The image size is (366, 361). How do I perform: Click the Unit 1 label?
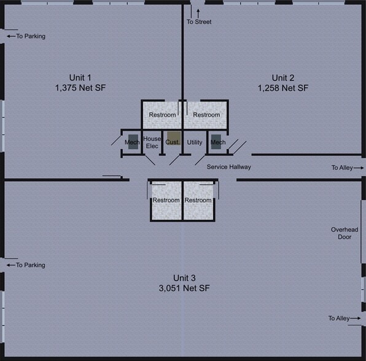tap(80, 77)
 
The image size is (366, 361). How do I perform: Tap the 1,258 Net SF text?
tap(283, 88)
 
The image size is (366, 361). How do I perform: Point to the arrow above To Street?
tap(198, 12)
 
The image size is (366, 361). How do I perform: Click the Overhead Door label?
tap(344, 233)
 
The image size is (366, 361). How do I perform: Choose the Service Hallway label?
tap(228, 167)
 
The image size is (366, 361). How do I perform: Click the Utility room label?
tap(195, 142)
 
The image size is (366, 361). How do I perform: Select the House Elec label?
tap(152, 142)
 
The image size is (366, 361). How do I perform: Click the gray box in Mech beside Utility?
tap(216, 141)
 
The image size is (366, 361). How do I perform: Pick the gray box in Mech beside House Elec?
tap(133, 141)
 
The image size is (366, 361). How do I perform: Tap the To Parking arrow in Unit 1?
tap(10, 36)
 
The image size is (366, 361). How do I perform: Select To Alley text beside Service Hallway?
tap(343, 168)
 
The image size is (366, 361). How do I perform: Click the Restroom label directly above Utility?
tap(206, 115)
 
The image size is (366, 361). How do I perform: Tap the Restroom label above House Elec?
tap(163, 115)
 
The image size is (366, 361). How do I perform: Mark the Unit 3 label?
tap(184, 277)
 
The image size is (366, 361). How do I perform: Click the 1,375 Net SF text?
tap(80, 88)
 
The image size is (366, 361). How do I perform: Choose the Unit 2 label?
tap(283, 77)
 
